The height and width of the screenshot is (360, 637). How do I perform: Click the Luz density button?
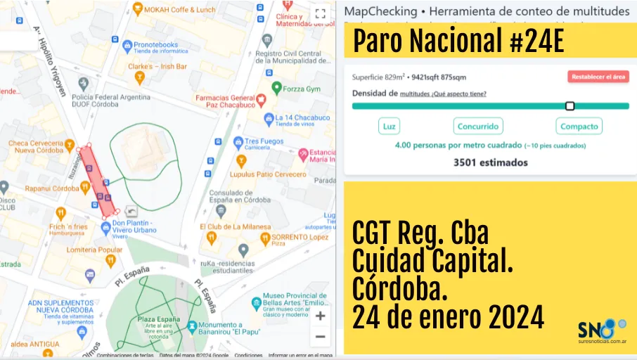coord(389,127)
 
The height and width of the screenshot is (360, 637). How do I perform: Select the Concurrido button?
coord(478,127)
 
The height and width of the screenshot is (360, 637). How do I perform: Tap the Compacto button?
coord(579,127)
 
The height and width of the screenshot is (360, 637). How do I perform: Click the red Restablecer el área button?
coord(598,77)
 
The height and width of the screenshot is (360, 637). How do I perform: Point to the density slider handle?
coord(570,106)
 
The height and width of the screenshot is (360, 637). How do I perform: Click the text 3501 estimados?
coord(490,162)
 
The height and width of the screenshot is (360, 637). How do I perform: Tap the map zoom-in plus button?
coord(321,316)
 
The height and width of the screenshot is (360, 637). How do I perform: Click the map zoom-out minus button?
coord(321,336)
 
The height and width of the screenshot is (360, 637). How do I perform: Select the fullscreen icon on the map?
coord(321,13)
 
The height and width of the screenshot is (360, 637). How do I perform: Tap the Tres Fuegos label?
coord(264,141)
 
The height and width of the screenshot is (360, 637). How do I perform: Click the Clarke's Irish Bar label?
coord(158,66)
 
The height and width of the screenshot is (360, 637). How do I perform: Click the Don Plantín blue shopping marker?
coord(105,226)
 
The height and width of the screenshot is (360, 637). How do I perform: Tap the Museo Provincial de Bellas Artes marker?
coord(256,304)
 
